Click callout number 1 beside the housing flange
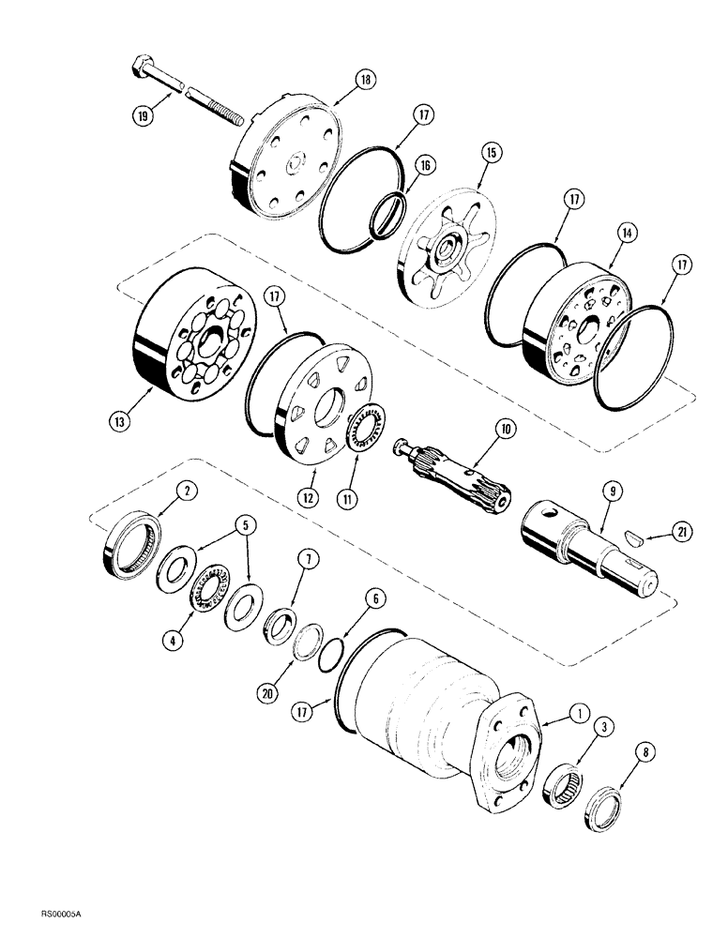(581, 688)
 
